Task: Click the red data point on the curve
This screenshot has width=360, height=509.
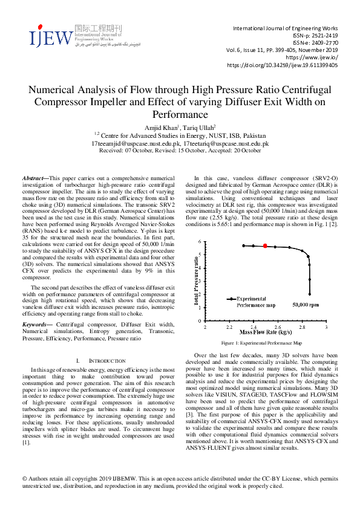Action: [x=265, y=246]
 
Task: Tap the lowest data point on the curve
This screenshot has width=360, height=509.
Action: [x=309, y=294]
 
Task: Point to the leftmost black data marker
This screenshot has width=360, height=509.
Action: [x=243, y=245]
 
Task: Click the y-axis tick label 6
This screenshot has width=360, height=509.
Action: [x=200, y=242]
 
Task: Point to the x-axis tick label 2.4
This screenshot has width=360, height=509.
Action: [x=254, y=327]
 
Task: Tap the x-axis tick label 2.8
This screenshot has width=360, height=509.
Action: [x=302, y=327]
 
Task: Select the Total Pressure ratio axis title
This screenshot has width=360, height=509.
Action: [x=195, y=281]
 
